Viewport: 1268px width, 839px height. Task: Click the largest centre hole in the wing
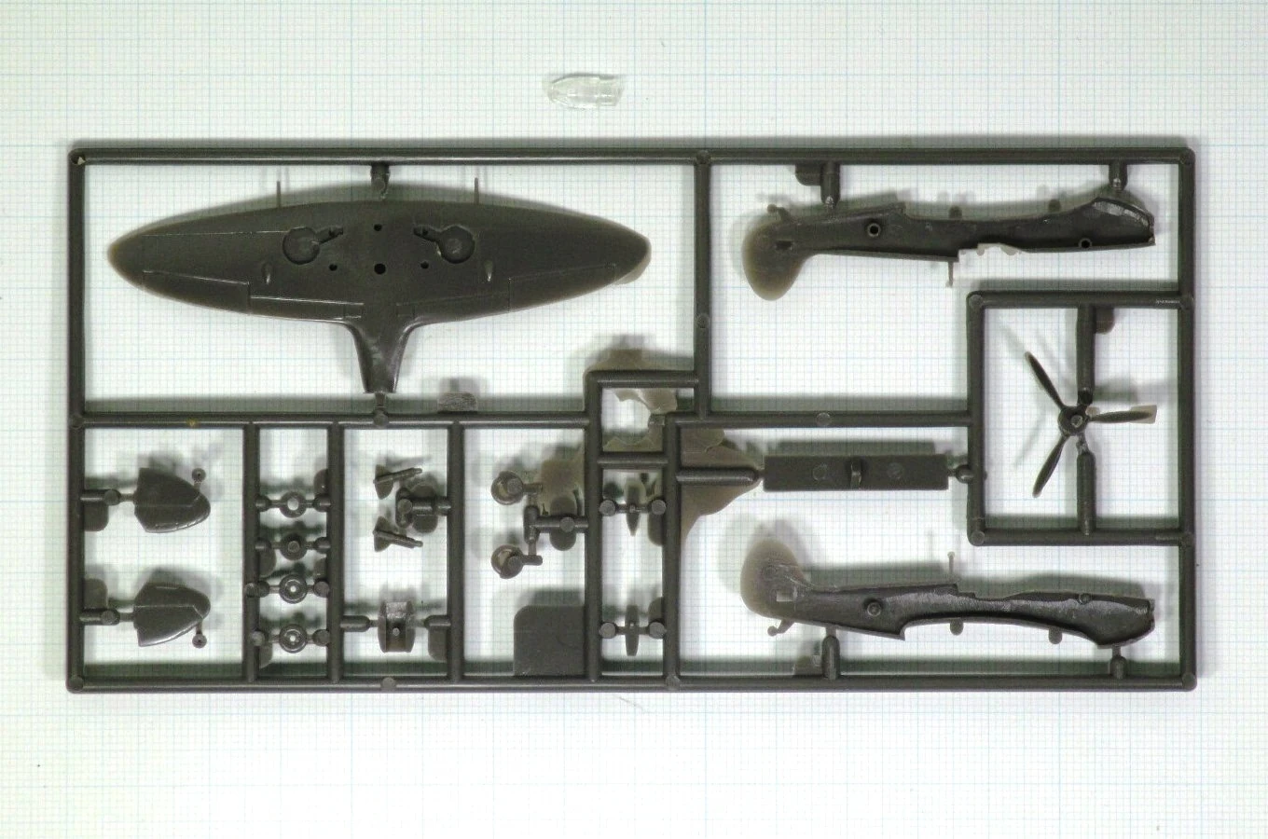380,267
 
